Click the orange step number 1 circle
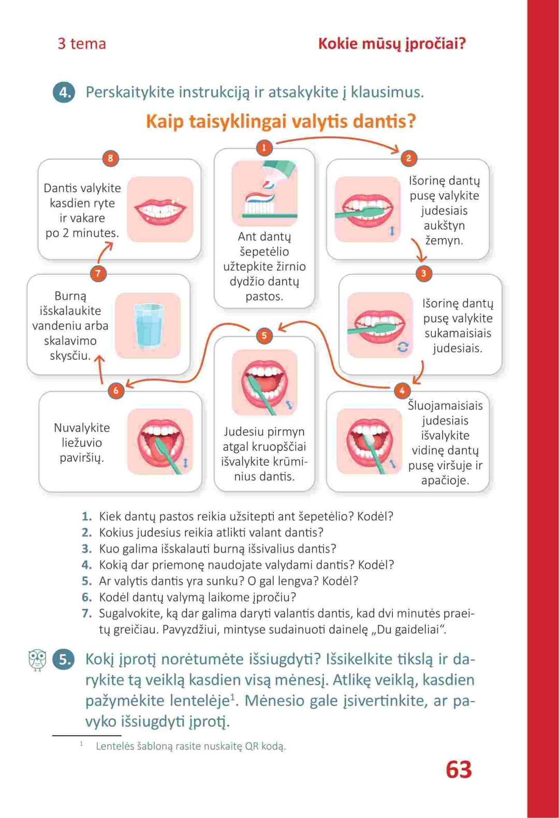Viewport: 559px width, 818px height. point(264,148)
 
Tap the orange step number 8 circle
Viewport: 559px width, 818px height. point(110,158)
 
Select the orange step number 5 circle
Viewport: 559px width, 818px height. point(264,335)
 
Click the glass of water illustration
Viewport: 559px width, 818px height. point(148,326)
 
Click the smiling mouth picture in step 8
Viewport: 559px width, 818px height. point(160,209)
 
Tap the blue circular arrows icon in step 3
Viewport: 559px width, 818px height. point(403,347)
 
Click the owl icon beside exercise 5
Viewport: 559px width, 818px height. point(37,660)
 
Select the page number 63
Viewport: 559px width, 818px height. point(459,770)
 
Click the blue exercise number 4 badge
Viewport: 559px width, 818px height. point(64,93)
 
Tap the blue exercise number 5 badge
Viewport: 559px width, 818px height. point(64,660)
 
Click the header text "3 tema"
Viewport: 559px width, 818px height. point(82,43)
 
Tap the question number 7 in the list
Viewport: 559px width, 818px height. point(87,613)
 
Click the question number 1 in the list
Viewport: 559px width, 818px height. point(87,516)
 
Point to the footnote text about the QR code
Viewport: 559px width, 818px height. point(191,746)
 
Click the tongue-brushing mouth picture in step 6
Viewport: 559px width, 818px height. point(160,442)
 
